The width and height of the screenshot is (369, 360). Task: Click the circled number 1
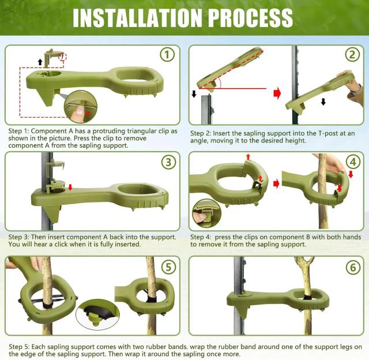pyautogui.click(x=167, y=54)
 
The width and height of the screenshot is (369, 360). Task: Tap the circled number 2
pyautogui.click(x=352, y=54)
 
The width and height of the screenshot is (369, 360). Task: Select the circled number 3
pyautogui.click(x=169, y=162)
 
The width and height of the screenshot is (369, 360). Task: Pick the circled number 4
pyautogui.click(x=353, y=162)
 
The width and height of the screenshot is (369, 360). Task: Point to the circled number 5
pyautogui.click(x=169, y=267)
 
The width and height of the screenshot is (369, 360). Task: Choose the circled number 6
pyautogui.click(x=353, y=267)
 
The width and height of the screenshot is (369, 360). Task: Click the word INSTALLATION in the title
pyautogui.click(x=137, y=18)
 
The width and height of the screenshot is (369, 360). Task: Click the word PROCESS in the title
pyautogui.click(x=250, y=18)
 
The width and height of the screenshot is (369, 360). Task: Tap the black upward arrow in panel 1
pyautogui.click(x=40, y=62)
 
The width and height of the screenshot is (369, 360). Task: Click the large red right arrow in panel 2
pyautogui.click(x=277, y=93)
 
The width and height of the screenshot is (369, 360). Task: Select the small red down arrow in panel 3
pyautogui.click(x=70, y=187)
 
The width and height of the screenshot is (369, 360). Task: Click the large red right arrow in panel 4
pyautogui.click(x=276, y=184)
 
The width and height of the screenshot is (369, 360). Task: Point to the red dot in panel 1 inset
pyautogui.click(x=88, y=112)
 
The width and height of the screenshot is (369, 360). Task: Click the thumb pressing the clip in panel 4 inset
pyautogui.click(x=200, y=216)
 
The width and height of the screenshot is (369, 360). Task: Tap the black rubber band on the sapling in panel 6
pyautogui.click(x=307, y=297)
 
